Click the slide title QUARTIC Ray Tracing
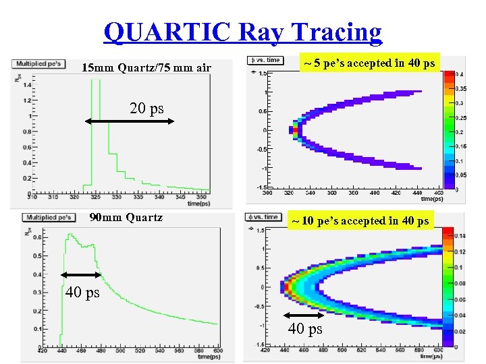click(243, 32)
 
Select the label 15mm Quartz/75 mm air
click(146, 67)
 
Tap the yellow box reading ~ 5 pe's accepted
click(369, 63)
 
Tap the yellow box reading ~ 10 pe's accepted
click(360, 220)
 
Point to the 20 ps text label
click(146, 109)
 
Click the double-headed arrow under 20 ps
click(130, 121)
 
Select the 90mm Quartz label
click(126, 217)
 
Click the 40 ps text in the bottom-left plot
click(82, 293)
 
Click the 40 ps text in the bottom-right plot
click(305, 329)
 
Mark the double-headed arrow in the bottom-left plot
click(80, 274)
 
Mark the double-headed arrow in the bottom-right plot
click(304, 315)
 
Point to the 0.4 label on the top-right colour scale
click(459, 73)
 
